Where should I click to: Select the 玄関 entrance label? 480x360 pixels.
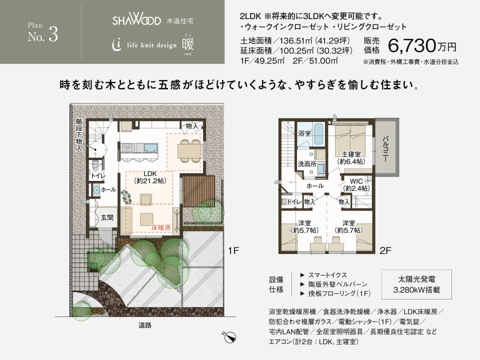click(x=107, y=217)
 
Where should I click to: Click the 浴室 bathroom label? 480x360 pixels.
click(x=304, y=134)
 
